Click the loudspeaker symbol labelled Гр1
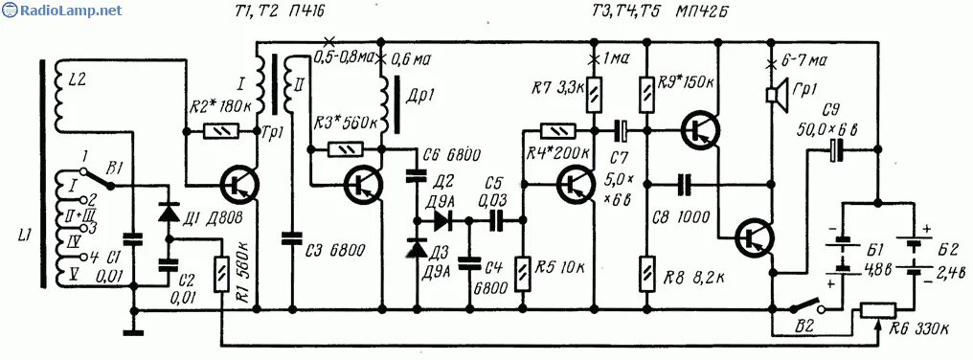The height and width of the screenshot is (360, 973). (771, 94)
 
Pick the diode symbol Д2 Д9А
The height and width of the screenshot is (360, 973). (442, 219)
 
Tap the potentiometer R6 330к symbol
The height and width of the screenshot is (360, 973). (878, 309)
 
